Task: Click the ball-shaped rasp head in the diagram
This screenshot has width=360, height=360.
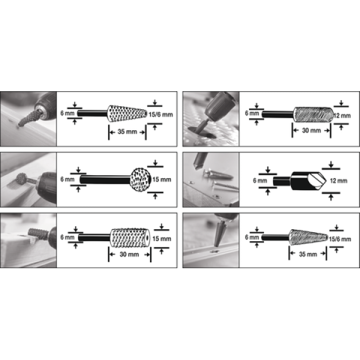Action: pos(140,180)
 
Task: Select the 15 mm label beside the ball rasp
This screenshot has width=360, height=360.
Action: pos(162,179)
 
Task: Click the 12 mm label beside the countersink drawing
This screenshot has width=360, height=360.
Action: pos(338,181)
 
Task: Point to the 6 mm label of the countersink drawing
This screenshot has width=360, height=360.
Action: pos(260,181)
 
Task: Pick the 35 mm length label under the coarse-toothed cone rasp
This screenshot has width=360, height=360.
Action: pos(127,132)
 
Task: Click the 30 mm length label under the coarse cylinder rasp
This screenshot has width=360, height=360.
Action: pos(129,254)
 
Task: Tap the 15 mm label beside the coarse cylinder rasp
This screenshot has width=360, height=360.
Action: pos(161,239)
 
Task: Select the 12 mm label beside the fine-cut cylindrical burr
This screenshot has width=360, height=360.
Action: pos(342,116)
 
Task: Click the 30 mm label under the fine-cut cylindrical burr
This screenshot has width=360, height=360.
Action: pos(311,130)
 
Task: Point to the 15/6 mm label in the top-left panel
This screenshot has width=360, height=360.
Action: pos(161,115)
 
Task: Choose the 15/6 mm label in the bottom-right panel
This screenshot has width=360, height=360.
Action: pos(340,239)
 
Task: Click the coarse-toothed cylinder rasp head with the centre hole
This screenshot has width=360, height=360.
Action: pos(130,238)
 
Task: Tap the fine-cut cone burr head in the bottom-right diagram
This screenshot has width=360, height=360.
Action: pos(308,238)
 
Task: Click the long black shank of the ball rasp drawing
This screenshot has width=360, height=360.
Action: pos(105,180)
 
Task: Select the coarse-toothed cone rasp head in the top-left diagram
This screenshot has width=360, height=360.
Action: pos(127,113)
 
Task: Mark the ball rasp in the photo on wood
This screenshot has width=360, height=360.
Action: pos(22,179)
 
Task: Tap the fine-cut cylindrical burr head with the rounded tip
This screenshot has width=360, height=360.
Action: pos(314,115)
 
